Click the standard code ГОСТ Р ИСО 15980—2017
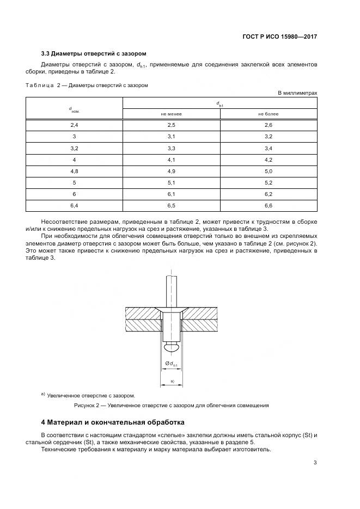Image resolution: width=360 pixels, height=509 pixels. coord(279,37)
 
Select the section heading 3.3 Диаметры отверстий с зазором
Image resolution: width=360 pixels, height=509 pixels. coord(94,53)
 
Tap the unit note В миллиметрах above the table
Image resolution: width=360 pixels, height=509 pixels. coord(297,93)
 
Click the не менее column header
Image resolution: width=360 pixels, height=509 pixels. coord(171,114)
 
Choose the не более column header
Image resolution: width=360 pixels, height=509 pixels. coord(268,114)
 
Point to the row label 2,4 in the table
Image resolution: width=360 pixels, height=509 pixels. coord(74,125)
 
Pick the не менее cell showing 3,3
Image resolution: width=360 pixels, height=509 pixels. coord(171,148)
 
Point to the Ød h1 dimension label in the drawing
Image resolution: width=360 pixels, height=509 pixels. coord(170,364)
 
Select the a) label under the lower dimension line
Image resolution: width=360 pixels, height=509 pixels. coord(172,382)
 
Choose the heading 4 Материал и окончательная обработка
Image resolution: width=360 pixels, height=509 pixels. coord(113,422)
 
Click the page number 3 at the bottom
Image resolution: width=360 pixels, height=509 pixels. coord(315,463)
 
